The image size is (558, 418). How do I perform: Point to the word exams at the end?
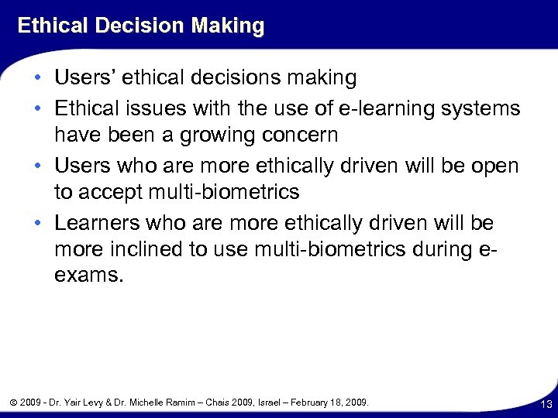pos(87,276)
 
